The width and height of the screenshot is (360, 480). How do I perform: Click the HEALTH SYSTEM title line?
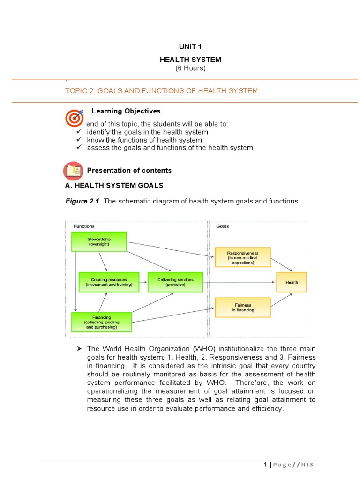pos(190,60)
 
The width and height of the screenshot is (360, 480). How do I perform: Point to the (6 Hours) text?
pos(190,68)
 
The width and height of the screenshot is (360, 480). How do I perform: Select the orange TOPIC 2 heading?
pos(161,90)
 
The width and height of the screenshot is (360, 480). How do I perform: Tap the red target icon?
pos(74,118)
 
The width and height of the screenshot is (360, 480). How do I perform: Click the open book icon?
pos(73,171)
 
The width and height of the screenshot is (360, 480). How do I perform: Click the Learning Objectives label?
pos(126,111)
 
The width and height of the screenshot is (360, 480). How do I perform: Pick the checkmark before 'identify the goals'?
pos(80,132)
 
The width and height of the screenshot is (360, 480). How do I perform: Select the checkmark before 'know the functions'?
pos(80,140)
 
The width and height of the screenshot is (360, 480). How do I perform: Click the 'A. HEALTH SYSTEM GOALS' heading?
pos(114,185)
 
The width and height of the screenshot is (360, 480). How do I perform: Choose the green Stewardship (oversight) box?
pos(98,241)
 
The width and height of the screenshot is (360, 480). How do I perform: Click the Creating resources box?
pos(109,282)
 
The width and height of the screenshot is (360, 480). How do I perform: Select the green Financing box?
pos(101,322)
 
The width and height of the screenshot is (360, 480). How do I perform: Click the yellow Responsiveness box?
pos(242,257)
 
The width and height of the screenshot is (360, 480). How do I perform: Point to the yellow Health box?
pos(292,282)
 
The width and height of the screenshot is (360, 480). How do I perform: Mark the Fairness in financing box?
pos(242,307)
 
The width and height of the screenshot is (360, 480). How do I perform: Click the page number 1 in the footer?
pos(265,465)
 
